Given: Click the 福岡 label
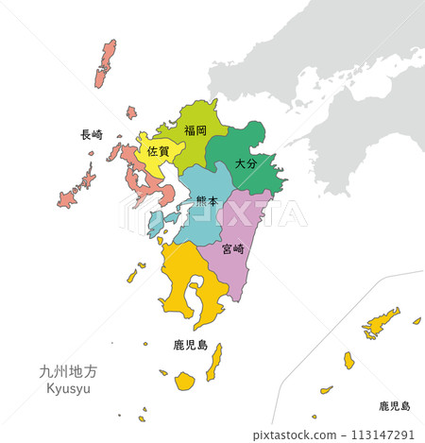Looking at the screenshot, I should pyautogui.click(x=195, y=130).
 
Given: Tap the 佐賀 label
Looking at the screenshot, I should pyautogui.click(x=159, y=151).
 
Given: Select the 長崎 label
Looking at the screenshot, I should pyautogui.click(x=93, y=135).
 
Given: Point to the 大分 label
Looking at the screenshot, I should pyautogui.click(x=245, y=163).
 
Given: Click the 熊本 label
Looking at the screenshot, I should pyautogui.click(x=207, y=200).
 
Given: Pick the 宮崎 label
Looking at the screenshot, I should pyautogui.click(x=233, y=249).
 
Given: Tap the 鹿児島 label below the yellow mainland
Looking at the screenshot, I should pyautogui.click(x=191, y=346).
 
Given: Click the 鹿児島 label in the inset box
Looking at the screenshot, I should pyautogui.click(x=395, y=405).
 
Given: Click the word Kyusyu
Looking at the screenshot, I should pyautogui.click(x=68, y=390).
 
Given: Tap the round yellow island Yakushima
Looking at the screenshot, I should pyautogui.click(x=184, y=381).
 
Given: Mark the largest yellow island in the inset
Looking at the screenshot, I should pyautogui.click(x=382, y=323).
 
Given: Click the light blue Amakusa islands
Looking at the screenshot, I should pyautogui.click(x=156, y=224).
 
